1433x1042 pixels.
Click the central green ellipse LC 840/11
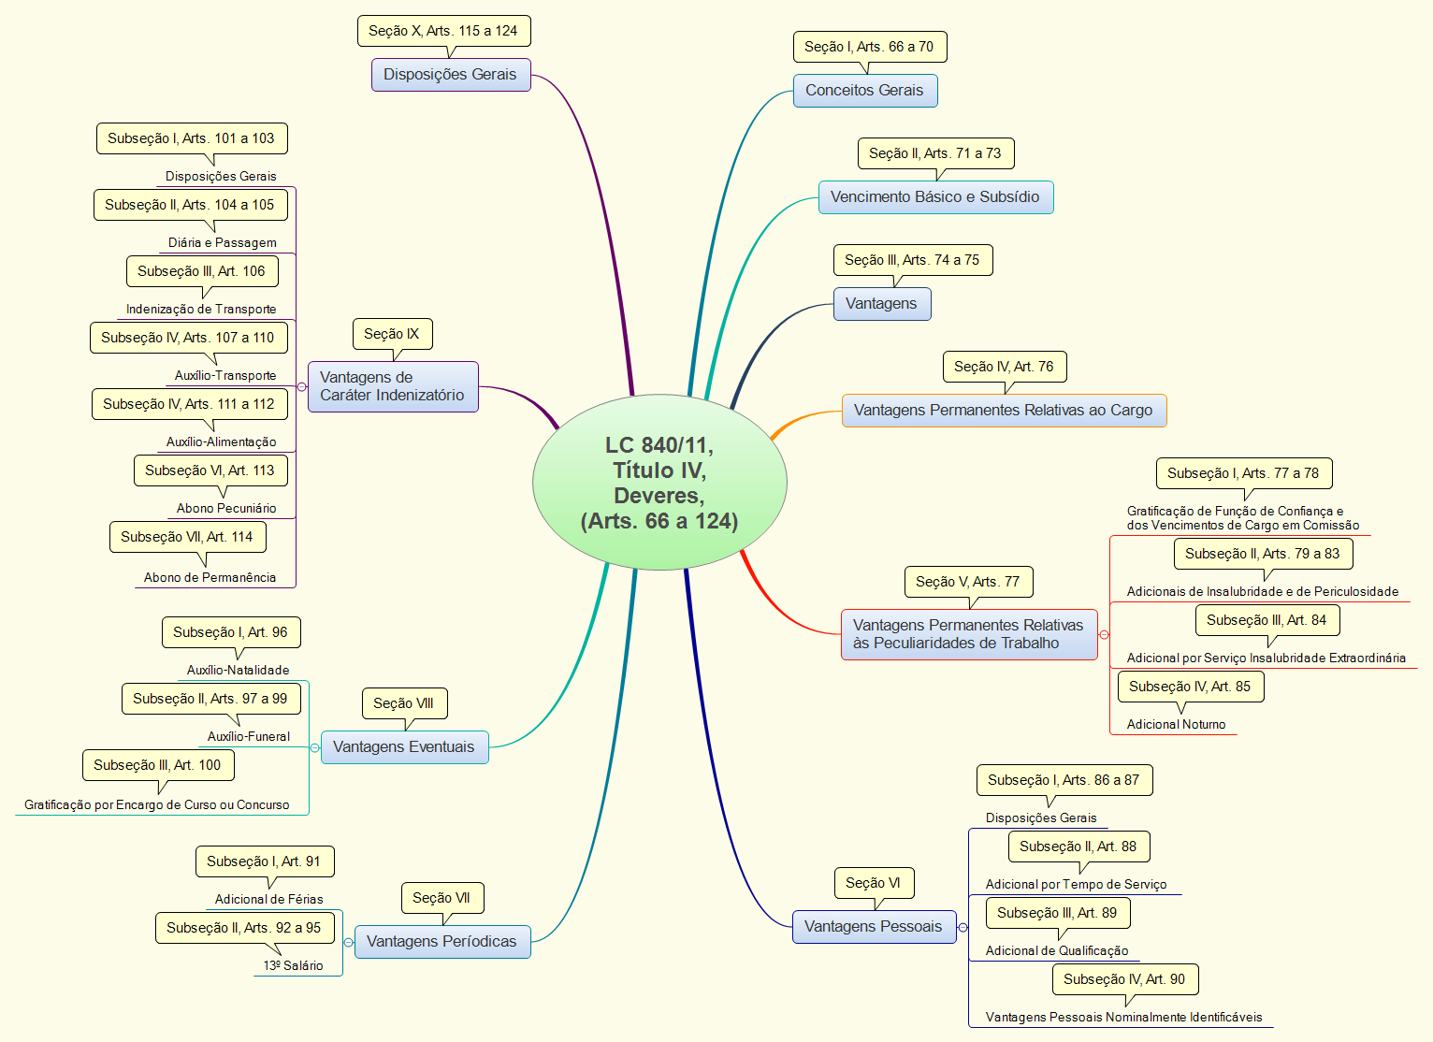(659, 482)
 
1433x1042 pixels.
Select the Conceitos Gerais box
(865, 90)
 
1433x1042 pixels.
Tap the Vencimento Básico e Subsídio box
(935, 197)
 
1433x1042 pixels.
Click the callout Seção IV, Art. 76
(1005, 367)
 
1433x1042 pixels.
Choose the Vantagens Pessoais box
(874, 926)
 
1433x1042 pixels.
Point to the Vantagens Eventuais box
(404, 746)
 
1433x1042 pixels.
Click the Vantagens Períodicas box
(442, 941)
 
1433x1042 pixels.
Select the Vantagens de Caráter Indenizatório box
(393, 386)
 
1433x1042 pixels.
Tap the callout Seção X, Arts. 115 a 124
(444, 31)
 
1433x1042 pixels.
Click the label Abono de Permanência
(210, 578)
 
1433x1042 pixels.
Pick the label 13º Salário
(293, 965)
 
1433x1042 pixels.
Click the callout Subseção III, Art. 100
(158, 765)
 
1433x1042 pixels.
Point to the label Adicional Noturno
(1176, 724)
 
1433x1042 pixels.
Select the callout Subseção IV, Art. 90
(1124, 979)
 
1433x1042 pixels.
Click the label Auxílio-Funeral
(248, 736)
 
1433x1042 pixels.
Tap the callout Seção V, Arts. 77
(968, 582)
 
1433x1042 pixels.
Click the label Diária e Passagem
(222, 242)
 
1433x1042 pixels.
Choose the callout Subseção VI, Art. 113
(210, 470)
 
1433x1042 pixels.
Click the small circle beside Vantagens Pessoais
(963, 927)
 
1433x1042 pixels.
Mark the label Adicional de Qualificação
(1057, 950)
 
